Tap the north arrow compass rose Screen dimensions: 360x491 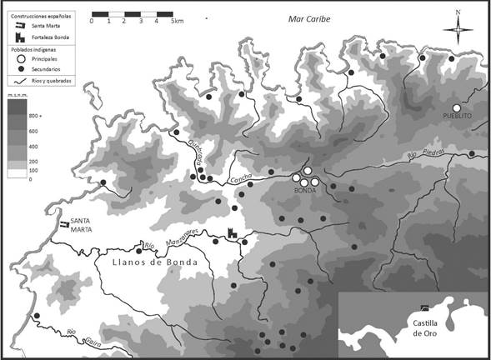457,30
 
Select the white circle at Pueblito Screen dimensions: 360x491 457,108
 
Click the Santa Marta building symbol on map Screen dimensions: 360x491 63,223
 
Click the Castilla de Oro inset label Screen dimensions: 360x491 421,327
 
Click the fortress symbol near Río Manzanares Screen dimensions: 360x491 232,236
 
